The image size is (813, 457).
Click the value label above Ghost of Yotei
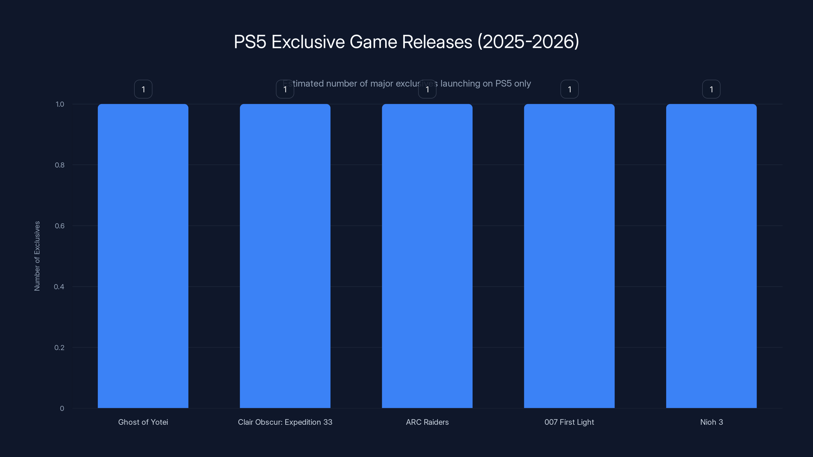[143, 89]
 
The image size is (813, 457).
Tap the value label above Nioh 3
[711, 89]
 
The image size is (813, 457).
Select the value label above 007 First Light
[569, 89]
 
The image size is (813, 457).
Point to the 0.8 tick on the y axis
[59, 165]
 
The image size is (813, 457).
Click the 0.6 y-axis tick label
[59, 226]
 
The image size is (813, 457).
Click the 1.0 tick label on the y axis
[60, 104]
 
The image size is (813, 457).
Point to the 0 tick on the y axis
[62, 409]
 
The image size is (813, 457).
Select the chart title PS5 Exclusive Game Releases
[406, 42]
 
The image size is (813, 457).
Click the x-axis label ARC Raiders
[427, 422]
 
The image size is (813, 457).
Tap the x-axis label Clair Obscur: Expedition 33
[285, 422]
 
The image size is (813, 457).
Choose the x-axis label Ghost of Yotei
[143, 422]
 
